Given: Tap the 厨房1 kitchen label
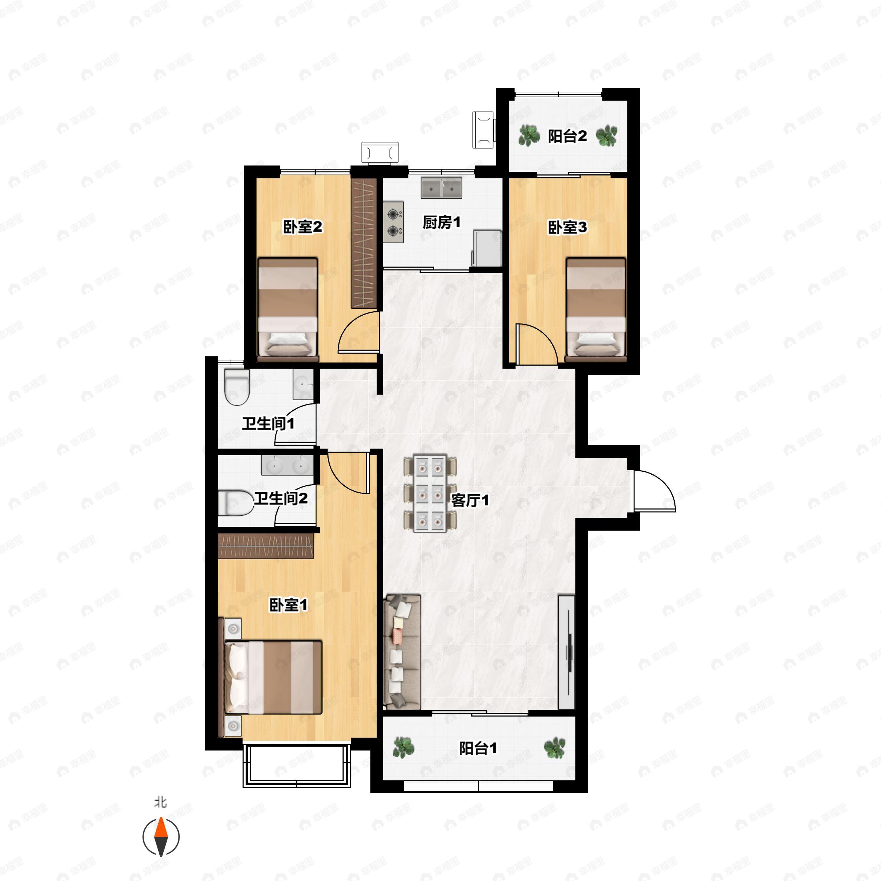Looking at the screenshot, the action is [x=441, y=222].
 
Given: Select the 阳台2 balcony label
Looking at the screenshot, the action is [x=567, y=136].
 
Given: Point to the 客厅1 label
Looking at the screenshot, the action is [x=470, y=501].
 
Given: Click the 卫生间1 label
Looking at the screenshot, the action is [x=268, y=424].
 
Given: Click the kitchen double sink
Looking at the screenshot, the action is [x=441, y=188].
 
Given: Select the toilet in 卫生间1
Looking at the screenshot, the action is [x=237, y=388].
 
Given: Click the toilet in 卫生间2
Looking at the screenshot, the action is [x=236, y=503].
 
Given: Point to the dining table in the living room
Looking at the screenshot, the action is [x=430, y=493].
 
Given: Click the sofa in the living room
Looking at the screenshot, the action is [x=402, y=652].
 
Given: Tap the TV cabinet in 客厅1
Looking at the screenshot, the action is [x=567, y=652].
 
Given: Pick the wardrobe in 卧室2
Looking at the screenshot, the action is [x=363, y=243].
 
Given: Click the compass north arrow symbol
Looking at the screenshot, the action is [x=161, y=837].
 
